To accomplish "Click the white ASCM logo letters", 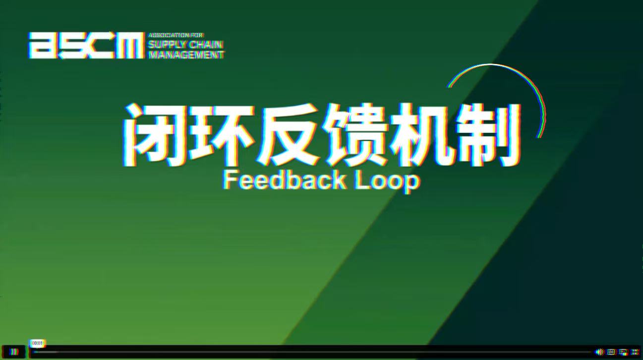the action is coord(86,45).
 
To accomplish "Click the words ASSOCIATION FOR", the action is coord(175,35).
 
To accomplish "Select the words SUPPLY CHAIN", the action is coord(185,45).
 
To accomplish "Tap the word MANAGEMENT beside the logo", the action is coord(186,55).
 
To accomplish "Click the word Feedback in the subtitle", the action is coord(285,180).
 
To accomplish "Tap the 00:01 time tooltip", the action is coord(38,343).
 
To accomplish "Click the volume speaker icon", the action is coord(599,352).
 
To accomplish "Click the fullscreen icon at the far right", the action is coord(636,352).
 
